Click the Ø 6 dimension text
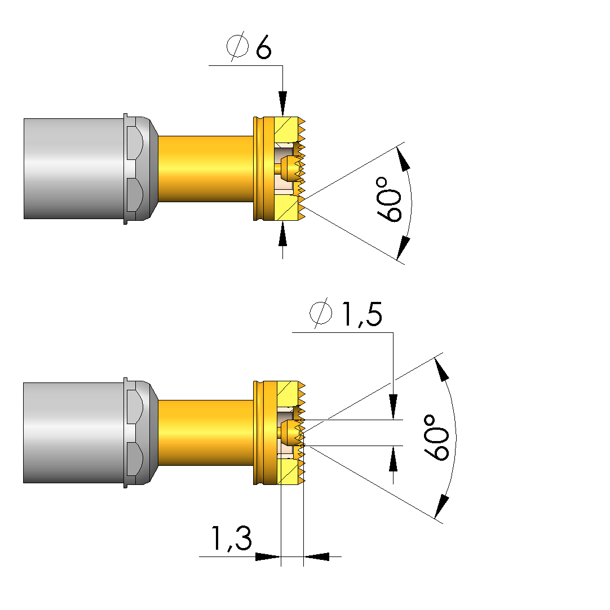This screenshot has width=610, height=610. click(x=249, y=48)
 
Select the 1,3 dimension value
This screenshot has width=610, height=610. click(x=231, y=539)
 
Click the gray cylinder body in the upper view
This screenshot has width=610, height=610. click(x=73, y=168)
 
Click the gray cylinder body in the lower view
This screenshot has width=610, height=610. click(x=73, y=433)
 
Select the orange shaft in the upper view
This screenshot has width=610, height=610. click(x=205, y=168)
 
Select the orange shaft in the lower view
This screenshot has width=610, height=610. click(x=205, y=433)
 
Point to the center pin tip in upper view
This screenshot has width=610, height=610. click(x=290, y=168)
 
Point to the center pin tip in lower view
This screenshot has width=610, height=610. click(x=290, y=433)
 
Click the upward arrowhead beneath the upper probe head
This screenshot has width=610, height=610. click(x=282, y=233)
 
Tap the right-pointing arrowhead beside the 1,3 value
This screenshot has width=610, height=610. click(x=267, y=556)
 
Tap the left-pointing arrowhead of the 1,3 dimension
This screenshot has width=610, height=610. click(x=317, y=556)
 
